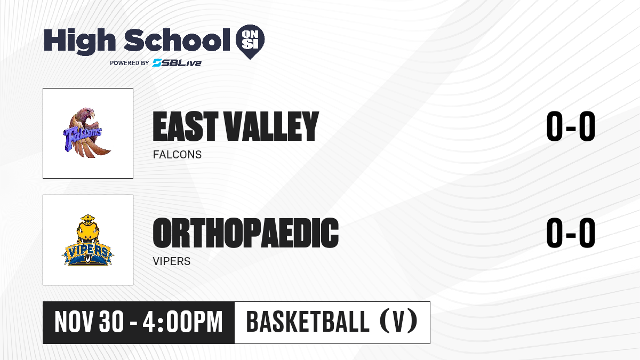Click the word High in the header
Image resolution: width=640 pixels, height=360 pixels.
click(x=79, y=42)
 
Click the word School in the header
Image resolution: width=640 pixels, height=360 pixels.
click(x=177, y=40)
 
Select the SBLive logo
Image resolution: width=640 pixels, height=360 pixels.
click(x=177, y=63)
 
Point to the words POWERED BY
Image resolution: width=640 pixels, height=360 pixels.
click(x=130, y=63)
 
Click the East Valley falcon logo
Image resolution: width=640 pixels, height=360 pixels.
click(x=86, y=133)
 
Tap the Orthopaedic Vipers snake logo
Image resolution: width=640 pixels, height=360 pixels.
click(x=87, y=240)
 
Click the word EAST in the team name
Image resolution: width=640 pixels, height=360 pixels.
click(x=186, y=126)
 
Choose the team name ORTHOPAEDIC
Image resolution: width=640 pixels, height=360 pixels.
click(x=246, y=233)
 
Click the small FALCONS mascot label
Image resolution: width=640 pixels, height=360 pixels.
click(x=177, y=155)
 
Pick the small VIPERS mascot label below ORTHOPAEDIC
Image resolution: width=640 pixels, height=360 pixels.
click(x=171, y=261)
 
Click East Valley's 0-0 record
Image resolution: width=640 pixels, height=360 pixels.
click(x=571, y=126)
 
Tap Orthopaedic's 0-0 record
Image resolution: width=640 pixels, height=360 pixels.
click(x=571, y=233)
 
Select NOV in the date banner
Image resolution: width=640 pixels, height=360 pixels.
click(x=74, y=322)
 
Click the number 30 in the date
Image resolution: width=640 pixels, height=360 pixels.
click(x=111, y=322)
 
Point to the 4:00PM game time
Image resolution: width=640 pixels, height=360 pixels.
click(x=182, y=322)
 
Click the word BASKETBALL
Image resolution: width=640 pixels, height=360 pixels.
click(x=308, y=322)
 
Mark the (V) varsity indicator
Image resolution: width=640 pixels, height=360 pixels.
click(x=398, y=322)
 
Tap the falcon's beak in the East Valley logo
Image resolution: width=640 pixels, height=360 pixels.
click(x=92, y=115)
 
